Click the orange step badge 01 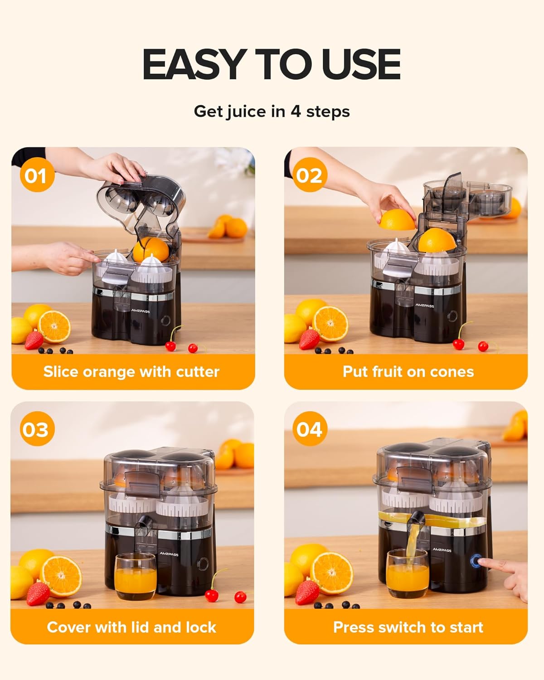(37, 175)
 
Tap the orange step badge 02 (310, 175)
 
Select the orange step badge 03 (37, 429)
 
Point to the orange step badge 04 (310, 429)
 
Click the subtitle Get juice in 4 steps (272, 112)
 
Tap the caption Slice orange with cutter (131, 372)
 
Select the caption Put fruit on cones (408, 372)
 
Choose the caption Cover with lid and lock (131, 627)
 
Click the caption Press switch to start (408, 627)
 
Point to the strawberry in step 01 (34, 340)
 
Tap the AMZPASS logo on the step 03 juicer (169, 554)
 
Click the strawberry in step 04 (307, 593)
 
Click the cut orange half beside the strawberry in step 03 (61, 576)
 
